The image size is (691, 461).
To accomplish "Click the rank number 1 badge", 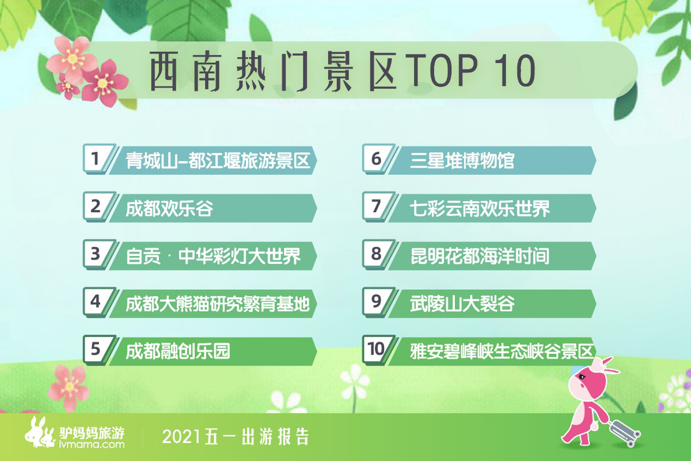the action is tap(96, 158).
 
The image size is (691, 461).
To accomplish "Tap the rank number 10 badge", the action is tap(375, 350).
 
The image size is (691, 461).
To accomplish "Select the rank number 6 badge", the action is tap(375, 158).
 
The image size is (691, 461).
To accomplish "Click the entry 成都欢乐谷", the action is tap(169, 209).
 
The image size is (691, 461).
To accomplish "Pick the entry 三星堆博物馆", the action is tap(462, 161).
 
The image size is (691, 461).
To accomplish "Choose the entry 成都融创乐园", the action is tap(178, 352).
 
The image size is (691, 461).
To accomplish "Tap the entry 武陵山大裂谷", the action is tap(462, 304).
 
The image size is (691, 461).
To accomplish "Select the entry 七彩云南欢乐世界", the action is tap(480, 209).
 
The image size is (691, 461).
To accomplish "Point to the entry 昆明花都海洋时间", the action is tap(480, 256).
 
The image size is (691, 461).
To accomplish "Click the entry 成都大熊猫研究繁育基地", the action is tap(218, 304).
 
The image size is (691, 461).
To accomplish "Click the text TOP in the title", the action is tap(441, 70).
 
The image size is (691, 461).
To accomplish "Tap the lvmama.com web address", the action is tap(92, 445).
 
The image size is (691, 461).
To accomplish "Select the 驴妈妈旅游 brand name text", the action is tap(92, 433).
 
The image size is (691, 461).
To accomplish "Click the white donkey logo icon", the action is tap(40, 432).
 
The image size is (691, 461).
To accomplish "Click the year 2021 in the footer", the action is tap(182, 437).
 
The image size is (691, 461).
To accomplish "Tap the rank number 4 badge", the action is tap(96, 302).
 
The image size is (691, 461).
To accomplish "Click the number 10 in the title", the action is tap(515, 70).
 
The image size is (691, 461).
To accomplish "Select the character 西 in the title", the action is tap(164, 71).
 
